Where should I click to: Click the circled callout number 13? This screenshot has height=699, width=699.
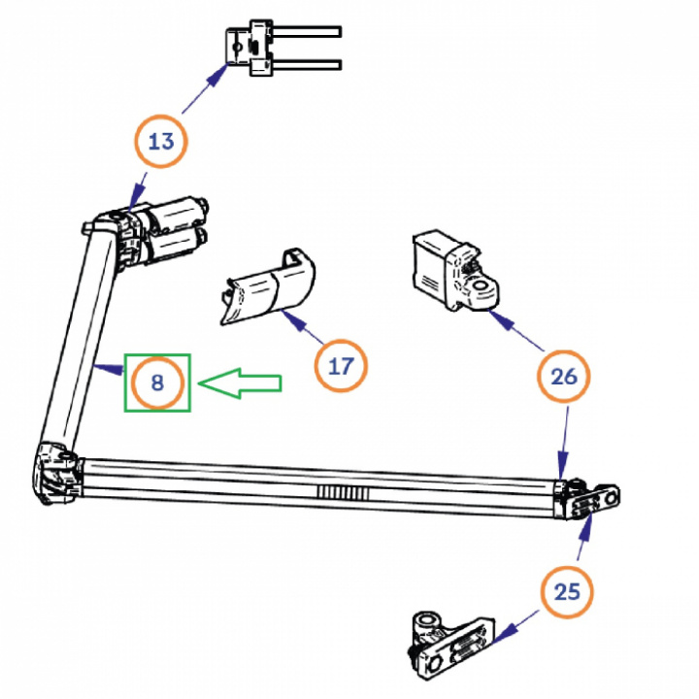(160, 142)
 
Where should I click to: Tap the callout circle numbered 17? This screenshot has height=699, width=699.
(341, 366)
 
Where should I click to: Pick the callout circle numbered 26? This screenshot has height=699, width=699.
(564, 377)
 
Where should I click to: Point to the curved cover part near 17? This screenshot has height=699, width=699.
(266, 287)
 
